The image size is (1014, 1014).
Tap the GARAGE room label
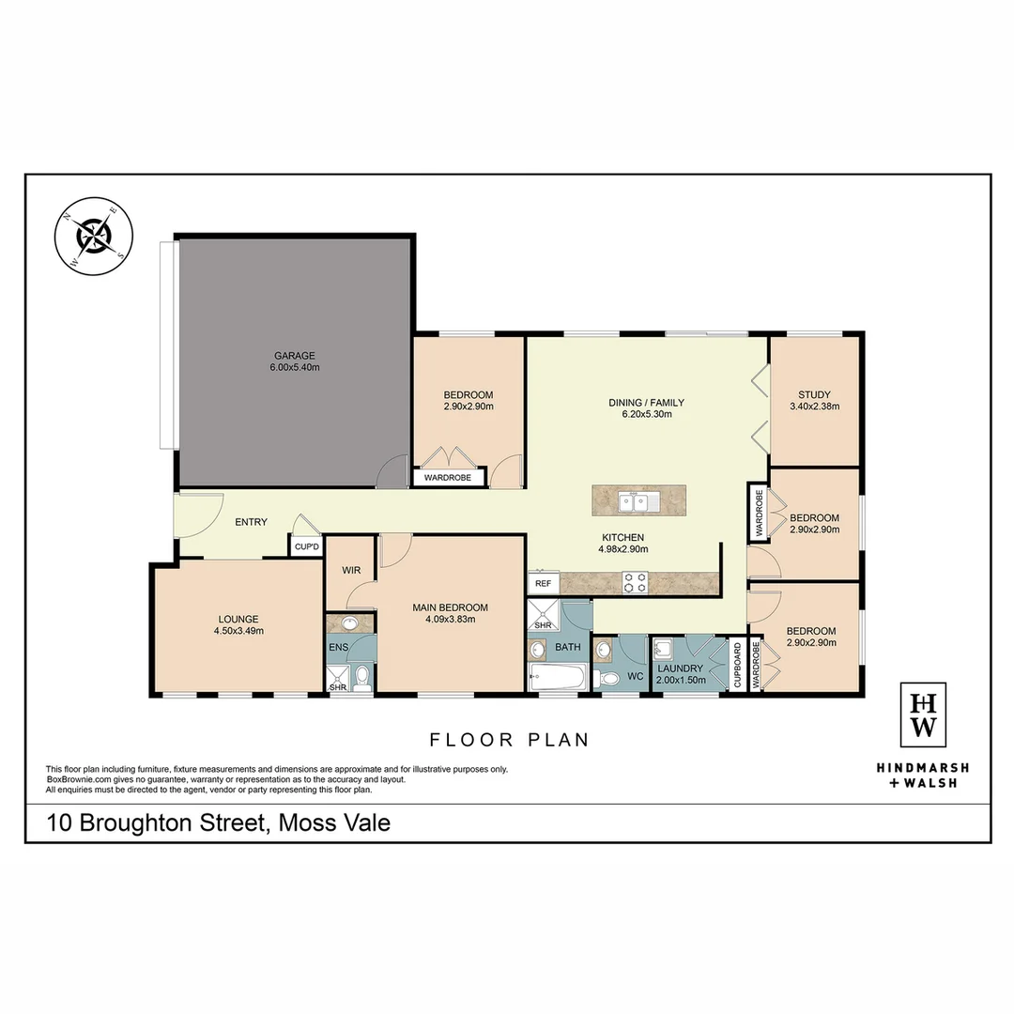click(294, 356)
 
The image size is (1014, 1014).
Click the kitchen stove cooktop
click(635, 582)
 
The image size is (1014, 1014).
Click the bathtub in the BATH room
click(557, 678)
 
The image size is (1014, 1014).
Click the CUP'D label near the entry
click(307, 546)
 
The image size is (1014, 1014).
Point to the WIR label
click(352, 570)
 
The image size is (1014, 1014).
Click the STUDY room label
click(814, 394)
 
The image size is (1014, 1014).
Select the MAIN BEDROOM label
click(450, 607)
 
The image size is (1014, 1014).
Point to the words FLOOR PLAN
click(509, 740)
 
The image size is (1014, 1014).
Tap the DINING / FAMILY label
click(640, 402)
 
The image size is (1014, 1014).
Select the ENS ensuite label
click(338, 648)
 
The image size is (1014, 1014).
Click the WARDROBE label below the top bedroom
click(449, 478)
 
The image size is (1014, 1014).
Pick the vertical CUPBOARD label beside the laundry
click(737, 666)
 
